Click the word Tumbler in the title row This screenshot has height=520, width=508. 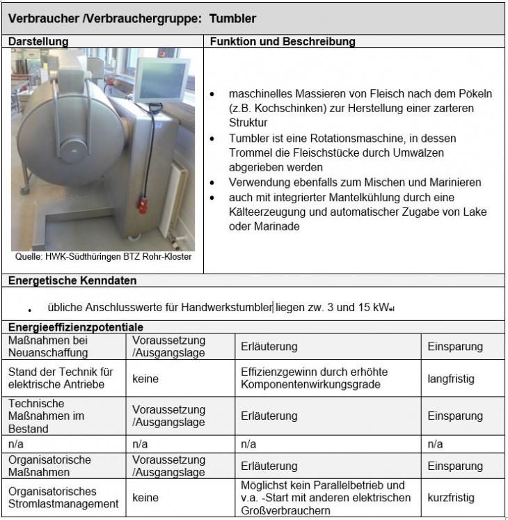tap(233, 18)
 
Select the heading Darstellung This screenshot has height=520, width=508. tap(38, 42)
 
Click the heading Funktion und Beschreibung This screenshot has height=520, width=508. tap(282, 42)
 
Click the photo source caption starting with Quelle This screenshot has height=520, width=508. tap(103, 257)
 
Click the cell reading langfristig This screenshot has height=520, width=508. tap(451, 379)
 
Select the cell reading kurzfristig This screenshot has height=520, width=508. tap(451, 498)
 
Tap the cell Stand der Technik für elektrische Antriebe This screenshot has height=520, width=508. tap(61, 379)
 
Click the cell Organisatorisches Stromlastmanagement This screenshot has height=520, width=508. tap(63, 498)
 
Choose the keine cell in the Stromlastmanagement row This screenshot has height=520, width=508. tap(145, 498)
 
